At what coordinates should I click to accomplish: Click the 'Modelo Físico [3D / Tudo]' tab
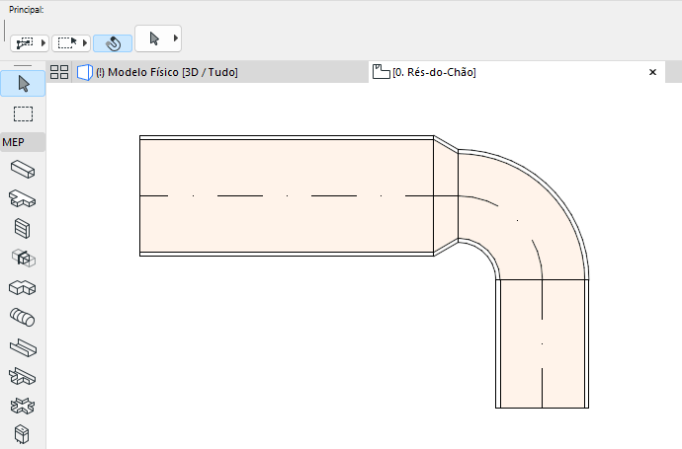(x=166, y=72)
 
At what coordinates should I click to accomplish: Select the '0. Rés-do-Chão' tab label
(x=435, y=72)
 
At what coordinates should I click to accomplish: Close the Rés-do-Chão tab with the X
(x=652, y=72)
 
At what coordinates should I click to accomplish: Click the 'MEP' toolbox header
(x=23, y=142)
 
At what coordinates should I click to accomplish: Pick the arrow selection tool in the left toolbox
(x=24, y=84)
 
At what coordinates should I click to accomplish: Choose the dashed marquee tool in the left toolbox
(x=24, y=113)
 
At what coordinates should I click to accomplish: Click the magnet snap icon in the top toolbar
(x=113, y=43)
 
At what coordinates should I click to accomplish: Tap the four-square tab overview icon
(x=59, y=72)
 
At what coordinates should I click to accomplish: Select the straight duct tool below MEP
(x=23, y=170)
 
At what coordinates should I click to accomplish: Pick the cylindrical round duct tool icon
(x=23, y=318)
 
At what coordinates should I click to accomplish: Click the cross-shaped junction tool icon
(x=23, y=406)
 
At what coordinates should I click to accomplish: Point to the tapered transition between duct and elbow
(x=446, y=195)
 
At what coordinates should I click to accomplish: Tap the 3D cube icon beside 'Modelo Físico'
(x=85, y=72)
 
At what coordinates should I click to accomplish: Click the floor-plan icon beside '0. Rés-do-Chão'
(x=381, y=72)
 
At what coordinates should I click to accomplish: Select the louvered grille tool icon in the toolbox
(x=23, y=229)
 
